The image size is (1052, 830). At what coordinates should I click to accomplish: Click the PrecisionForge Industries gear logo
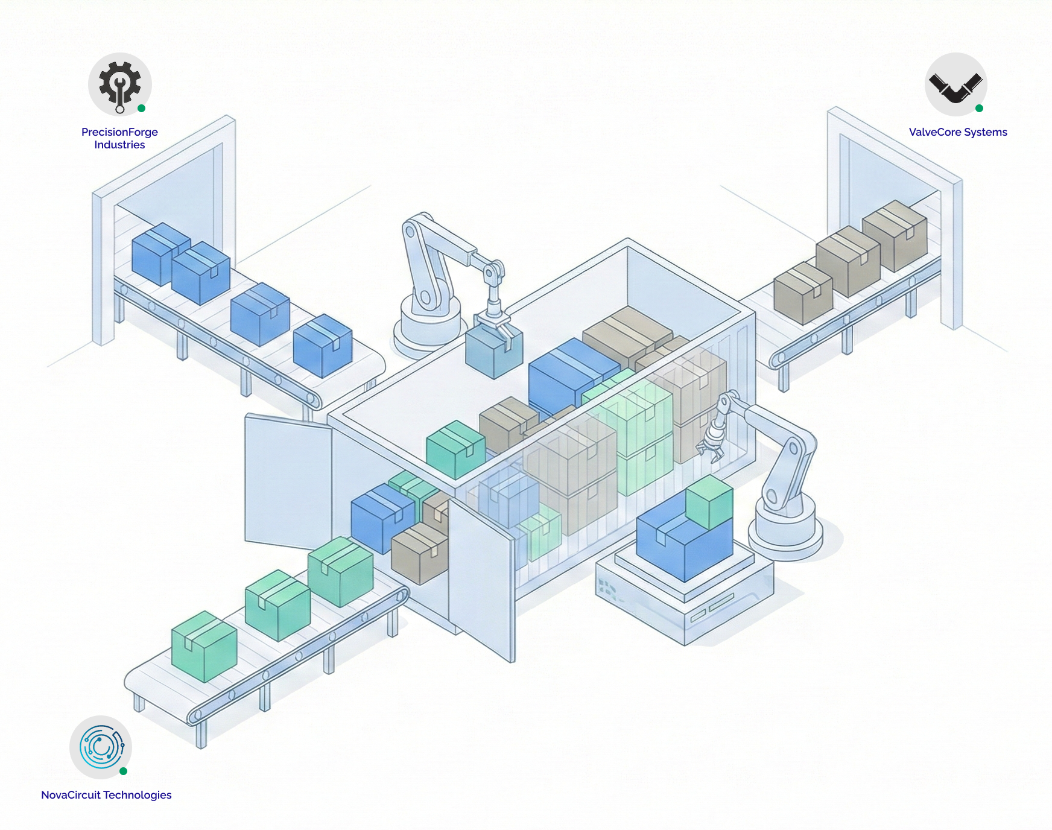(119, 84)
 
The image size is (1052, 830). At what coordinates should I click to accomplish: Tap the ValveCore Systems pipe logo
(955, 84)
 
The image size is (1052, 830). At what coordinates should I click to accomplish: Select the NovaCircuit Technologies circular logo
(101, 747)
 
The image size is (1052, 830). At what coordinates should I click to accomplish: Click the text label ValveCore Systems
(958, 132)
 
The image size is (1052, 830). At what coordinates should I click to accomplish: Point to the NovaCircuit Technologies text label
(106, 795)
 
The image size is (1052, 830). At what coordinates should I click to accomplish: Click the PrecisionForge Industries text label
(119, 138)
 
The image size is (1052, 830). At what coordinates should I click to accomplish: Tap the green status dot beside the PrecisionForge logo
(142, 109)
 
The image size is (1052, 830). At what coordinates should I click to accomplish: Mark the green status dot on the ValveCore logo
(979, 109)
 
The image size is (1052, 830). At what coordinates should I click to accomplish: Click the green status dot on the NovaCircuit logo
(123, 771)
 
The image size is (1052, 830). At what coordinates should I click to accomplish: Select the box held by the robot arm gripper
(493, 353)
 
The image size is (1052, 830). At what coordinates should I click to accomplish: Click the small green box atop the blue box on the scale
(709, 502)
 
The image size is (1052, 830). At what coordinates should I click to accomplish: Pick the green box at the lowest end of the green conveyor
(204, 647)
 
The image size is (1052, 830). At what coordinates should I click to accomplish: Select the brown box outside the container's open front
(419, 553)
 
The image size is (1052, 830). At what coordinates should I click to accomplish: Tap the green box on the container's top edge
(455, 449)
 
